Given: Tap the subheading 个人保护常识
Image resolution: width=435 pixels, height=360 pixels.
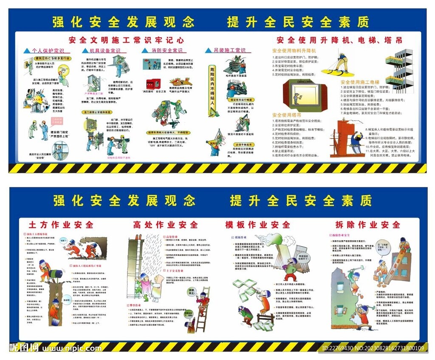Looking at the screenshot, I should click(x=48, y=51).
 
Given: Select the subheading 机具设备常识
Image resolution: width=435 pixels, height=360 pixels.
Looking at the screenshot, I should click(x=105, y=51).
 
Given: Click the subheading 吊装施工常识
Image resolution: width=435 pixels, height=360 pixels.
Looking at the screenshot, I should click(x=229, y=51).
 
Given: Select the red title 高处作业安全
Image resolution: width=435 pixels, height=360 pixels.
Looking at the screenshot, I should click(x=166, y=224).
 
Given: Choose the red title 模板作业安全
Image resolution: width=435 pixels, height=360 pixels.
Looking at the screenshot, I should click(x=257, y=224).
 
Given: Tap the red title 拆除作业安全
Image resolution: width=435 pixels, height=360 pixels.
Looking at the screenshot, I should click(x=368, y=224).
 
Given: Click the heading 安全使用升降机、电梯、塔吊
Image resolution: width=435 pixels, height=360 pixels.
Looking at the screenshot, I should click(x=339, y=40).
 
